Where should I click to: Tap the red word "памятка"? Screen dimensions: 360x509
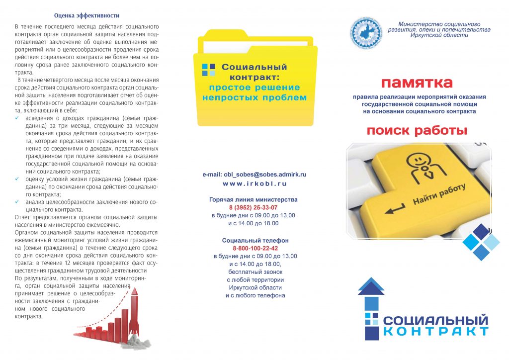[417, 82]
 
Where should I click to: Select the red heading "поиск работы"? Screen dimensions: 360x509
[417, 131]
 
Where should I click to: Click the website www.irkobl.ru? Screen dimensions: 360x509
[254, 183]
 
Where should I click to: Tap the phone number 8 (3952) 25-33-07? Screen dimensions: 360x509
[253, 207]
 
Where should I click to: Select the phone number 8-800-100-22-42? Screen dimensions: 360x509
[255, 248]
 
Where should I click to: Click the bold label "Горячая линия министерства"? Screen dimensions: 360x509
[254, 199]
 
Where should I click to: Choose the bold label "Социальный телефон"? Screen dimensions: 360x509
[255, 240]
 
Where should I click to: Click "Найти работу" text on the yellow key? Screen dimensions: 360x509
[438, 194]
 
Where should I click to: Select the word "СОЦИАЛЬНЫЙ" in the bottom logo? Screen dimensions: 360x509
[435, 320]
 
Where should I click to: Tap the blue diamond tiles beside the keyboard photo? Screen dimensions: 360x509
[480, 242]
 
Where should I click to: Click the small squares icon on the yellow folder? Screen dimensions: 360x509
[208, 70]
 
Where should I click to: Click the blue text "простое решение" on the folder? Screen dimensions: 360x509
[254, 88]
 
